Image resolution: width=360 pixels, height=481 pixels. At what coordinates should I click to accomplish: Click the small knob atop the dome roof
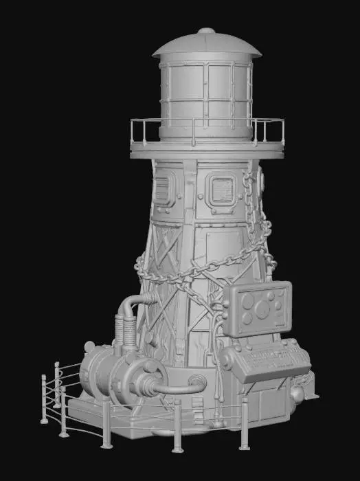pos(206,31)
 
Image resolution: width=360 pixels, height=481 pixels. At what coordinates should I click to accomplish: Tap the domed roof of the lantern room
pos(206,45)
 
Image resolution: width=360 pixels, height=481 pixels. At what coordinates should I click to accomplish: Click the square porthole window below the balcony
pos(221,189)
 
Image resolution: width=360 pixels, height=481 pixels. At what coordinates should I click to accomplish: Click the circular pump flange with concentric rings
pos(147,381)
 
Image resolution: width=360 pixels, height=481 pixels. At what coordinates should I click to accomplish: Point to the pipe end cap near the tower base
pos(199,379)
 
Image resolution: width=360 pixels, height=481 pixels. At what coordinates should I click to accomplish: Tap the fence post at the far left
pos(44,399)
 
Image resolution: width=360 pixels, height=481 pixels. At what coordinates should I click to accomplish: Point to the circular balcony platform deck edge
pos(206,152)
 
